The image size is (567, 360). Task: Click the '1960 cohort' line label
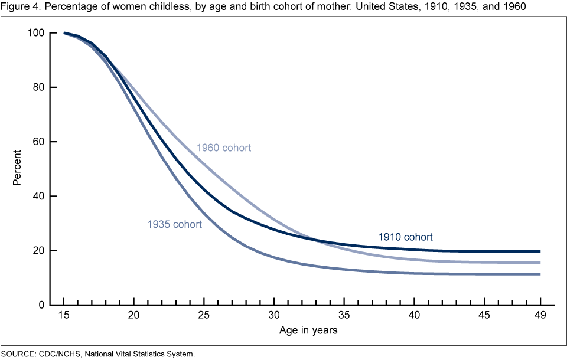[224, 148]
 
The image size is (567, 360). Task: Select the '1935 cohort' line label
[175, 224]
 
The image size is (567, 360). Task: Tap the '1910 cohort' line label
[405, 237]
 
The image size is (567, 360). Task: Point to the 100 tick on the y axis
[37, 33]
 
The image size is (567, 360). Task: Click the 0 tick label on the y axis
[41, 305]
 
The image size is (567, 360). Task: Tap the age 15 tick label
[63, 316]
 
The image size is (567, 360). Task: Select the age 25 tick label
[204, 316]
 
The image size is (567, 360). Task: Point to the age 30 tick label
[274, 316]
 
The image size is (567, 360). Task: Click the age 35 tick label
[344, 316]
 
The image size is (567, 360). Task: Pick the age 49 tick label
[540, 316]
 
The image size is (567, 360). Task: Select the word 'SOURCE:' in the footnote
[18, 354]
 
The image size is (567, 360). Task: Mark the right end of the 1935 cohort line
[540, 274]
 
